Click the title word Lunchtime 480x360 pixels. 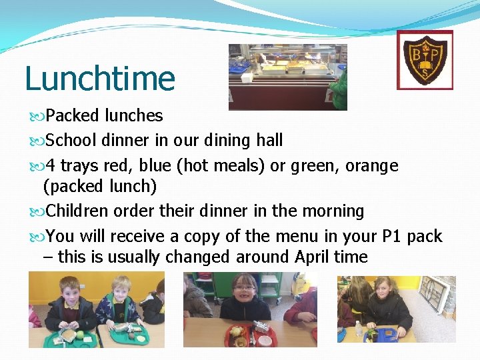pyautogui.click(x=100, y=78)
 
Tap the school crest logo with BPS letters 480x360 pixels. pyautogui.click(x=425, y=59)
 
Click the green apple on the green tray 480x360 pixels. pyautogui.click(x=80, y=333)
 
